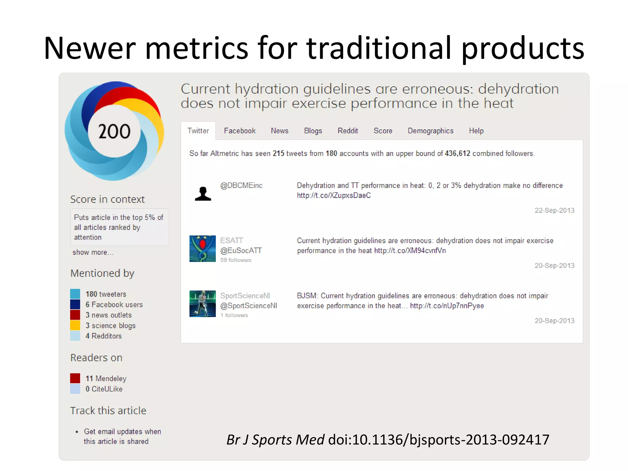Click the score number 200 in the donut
[x=114, y=132]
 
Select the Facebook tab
[x=239, y=131]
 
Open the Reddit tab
[x=348, y=131]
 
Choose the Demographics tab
[x=430, y=131]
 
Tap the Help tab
[x=476, y=131]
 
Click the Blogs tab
[x=313, y=131]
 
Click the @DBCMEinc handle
[x=241, y=186]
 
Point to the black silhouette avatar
[x=203, y=194]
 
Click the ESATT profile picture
[x=202, y=249]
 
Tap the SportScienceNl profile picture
[x=202, y=304]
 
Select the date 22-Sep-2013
[x=554, y=210]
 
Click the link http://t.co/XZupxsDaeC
[x=334, y=196]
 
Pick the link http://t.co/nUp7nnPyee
[x=447, y=306]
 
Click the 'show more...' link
[x=93, y=252]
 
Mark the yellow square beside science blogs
[x=75, y=325]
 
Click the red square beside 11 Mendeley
[x=75, y=378]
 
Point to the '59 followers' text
[x=235, y=260]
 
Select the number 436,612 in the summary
[x=457, y=153]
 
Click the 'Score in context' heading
[x=107, y=199]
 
